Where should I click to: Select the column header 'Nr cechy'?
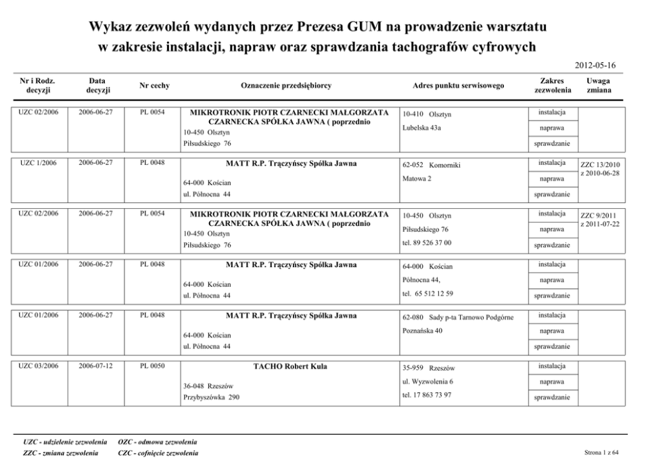coord(154,86)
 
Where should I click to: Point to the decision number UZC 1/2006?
coord(38,163)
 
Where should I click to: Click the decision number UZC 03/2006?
coord(38,366)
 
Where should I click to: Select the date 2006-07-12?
coord(95,366)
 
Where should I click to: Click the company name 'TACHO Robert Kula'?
coord(290,366)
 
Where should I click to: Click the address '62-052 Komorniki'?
coord(431,165)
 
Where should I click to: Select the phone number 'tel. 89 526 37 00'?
coord(427,242)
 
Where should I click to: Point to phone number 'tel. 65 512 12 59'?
coord(427,293)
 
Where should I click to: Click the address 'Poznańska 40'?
coord(422,331)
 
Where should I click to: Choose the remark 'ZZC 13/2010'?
coord(601,164)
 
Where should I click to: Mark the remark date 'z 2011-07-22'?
coord(601,224)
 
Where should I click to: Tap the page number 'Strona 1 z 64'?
coord(601,453)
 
